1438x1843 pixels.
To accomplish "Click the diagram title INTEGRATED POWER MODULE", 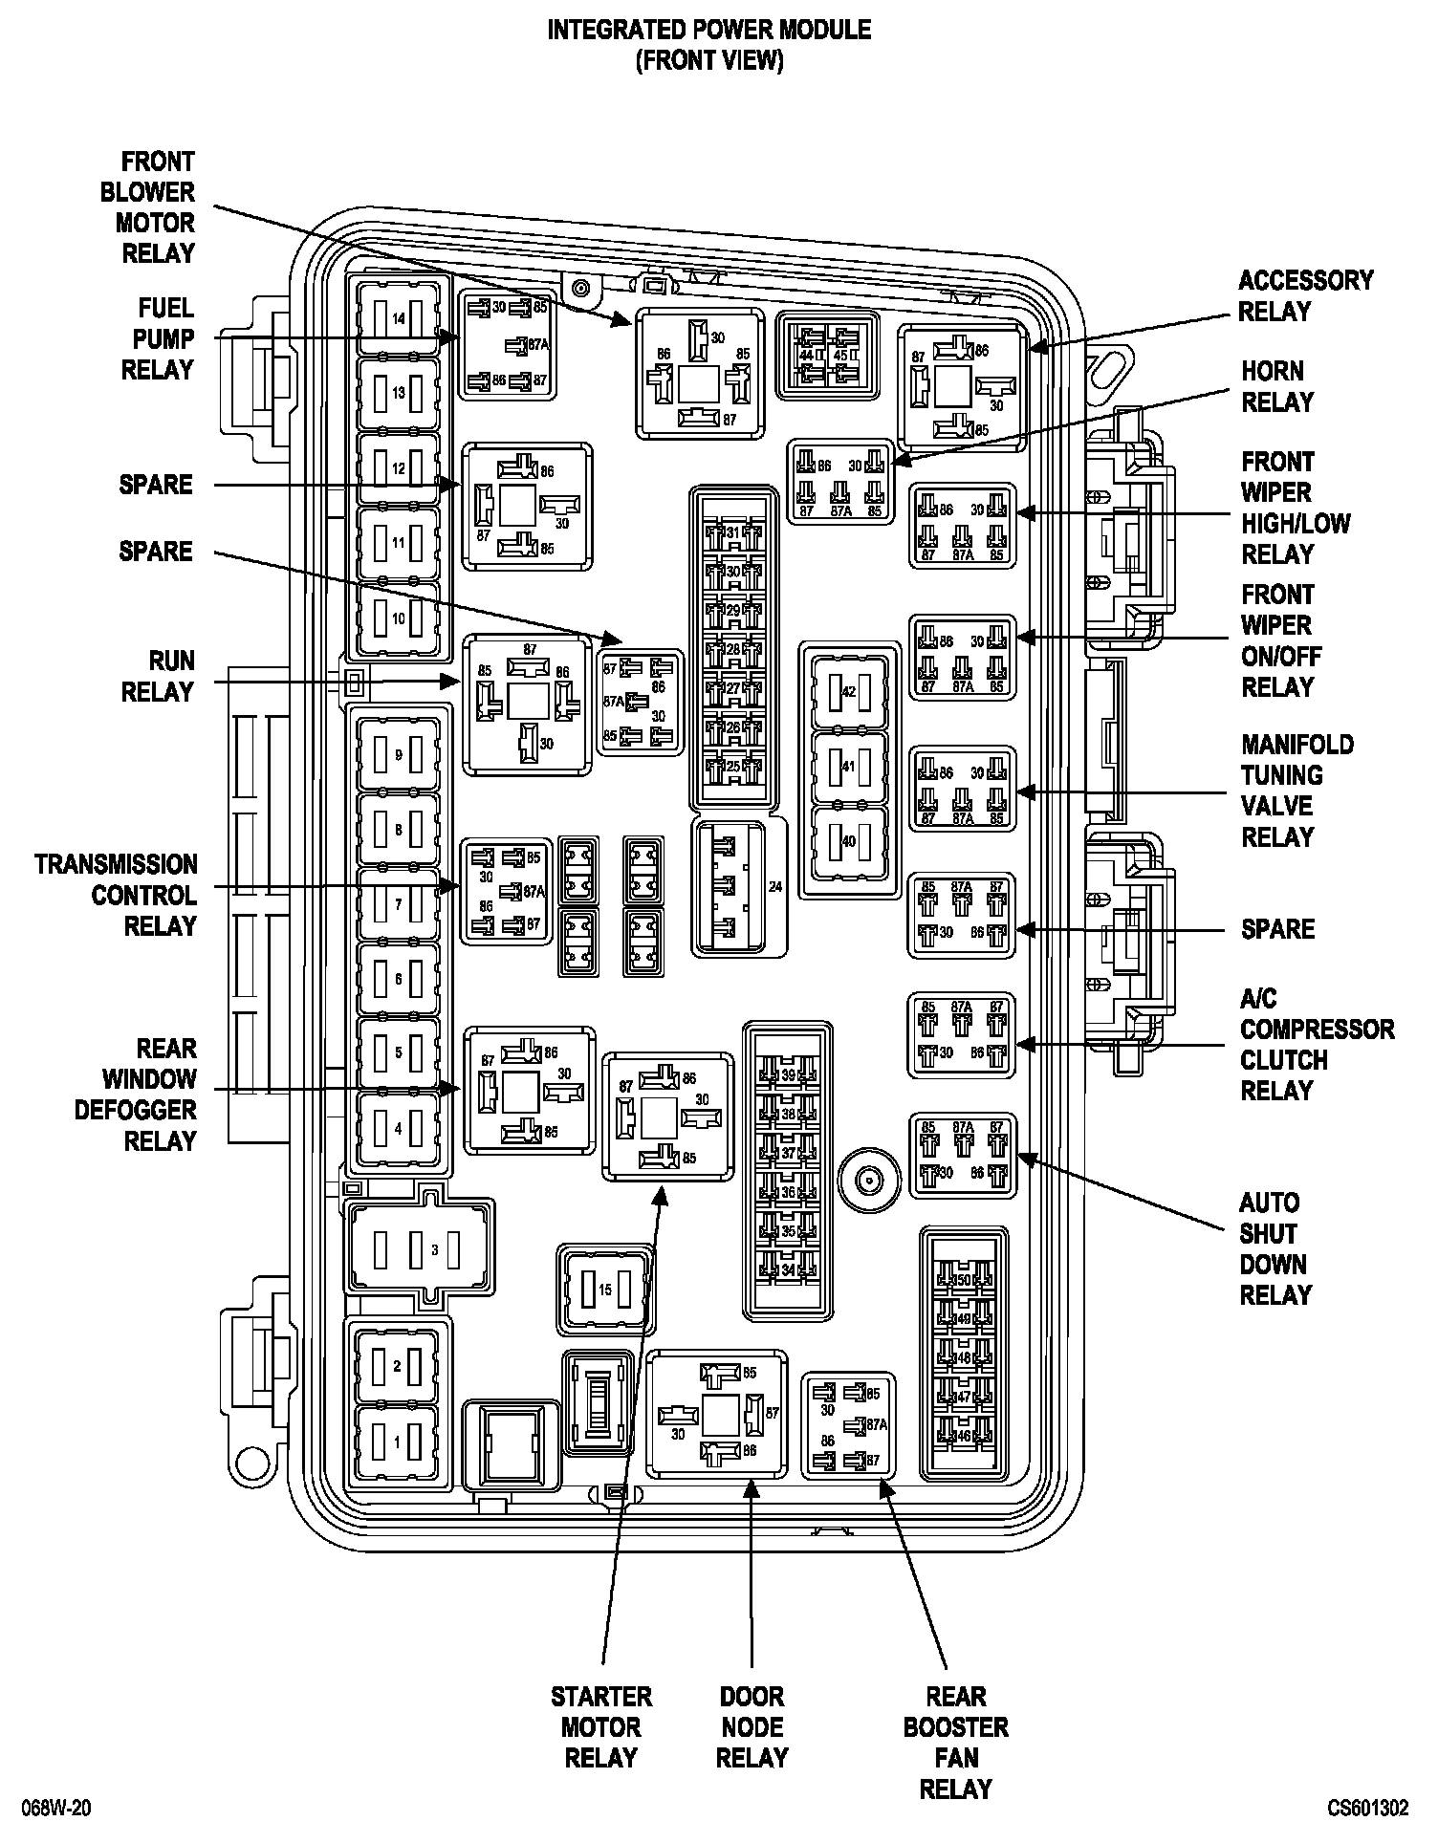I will (708, 30).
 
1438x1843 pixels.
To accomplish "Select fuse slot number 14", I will (399, 318).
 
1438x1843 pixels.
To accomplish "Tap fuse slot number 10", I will (399, 618).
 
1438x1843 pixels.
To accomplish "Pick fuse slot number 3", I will (423, 1249).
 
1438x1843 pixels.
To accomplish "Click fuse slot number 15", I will (605, 1290).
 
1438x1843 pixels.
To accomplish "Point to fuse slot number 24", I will (740, 887).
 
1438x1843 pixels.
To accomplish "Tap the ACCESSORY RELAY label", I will (1304, 295).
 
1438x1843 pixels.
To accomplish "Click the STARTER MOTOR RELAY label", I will (601, 1727).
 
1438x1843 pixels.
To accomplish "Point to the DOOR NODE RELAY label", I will (752, 1727).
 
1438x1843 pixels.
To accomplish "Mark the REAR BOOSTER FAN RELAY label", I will (955, 1743).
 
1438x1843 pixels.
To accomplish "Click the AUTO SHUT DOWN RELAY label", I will (1275, 1249).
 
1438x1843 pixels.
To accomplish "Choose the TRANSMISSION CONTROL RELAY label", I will (117, 895).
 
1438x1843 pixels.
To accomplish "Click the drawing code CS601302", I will (1367, 1809).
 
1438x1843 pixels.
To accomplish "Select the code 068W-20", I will (60, 1809).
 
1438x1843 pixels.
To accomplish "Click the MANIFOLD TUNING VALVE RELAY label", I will (1296, 791).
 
